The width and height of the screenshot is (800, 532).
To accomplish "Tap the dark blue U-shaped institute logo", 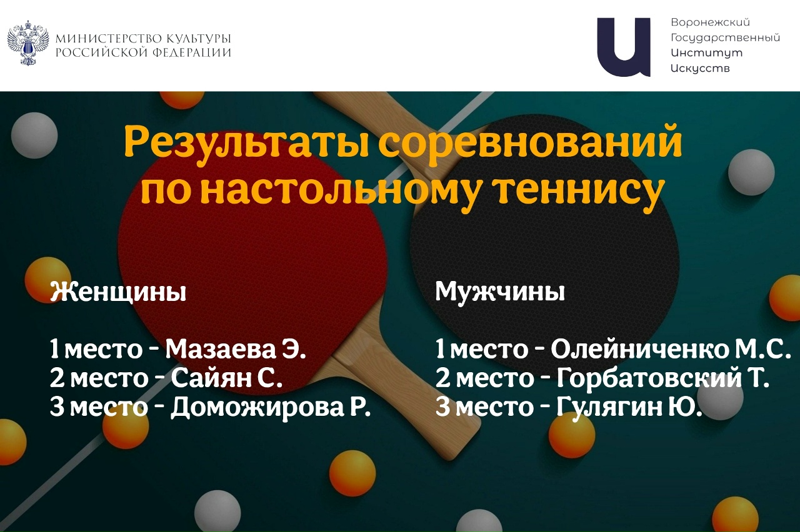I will pyautogui.click(x=624, y=47).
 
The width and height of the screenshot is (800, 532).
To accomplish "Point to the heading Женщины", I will pyautogui.click(x=118, y=292).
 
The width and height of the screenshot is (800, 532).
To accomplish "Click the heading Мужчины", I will pyautogui.click(x=500, y=292).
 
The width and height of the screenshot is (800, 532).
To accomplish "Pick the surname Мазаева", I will pyautogui.click(x=219, y=350).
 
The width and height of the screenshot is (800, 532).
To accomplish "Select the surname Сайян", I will pyautogui.click(x=210, y=378).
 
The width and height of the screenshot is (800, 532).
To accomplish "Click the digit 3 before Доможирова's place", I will pyautogui.click(x=56, y=407).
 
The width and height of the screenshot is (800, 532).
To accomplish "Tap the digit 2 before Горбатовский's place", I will pyautogui.click(x=442, y=378).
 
